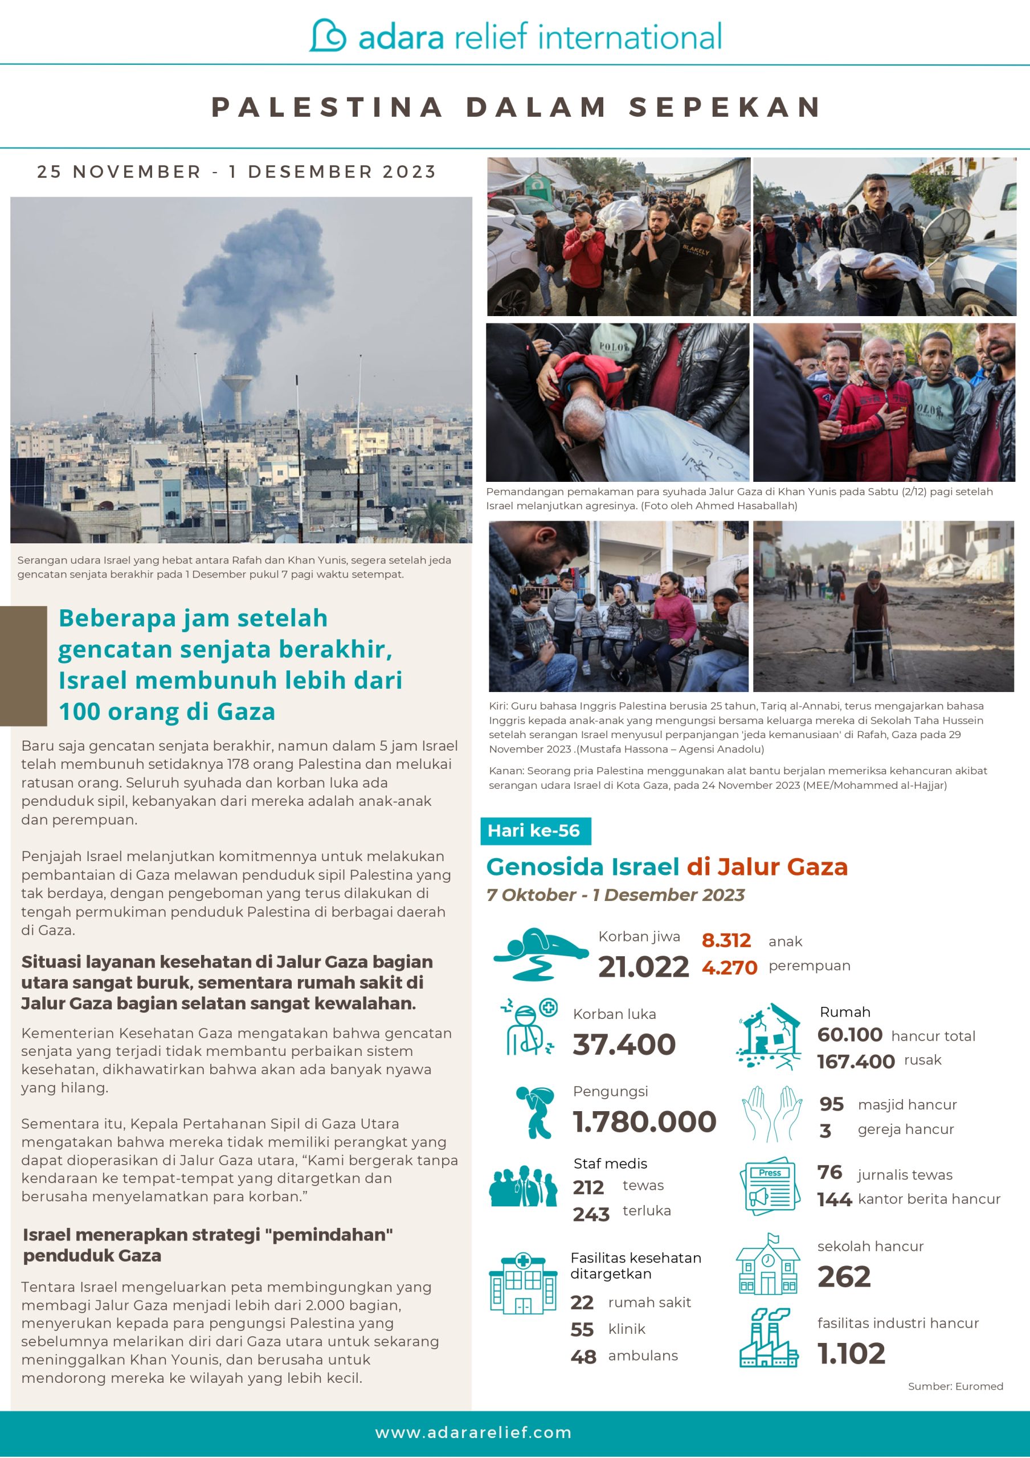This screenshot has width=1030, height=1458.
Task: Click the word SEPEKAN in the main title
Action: tap(726, 107)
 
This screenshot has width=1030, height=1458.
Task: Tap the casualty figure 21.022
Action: tap(643, 966)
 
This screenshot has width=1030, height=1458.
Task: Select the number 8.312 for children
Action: tap(726, 940)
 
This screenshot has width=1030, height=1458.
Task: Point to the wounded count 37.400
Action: tap(624, 1045)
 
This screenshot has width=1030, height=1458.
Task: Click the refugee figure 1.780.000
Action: tap(644, 1121)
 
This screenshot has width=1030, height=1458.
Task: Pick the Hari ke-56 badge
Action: tap(535, 830)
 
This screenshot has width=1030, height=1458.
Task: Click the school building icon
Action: tap(769, 1265)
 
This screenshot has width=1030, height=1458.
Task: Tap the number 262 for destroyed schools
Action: tap(844, 1276)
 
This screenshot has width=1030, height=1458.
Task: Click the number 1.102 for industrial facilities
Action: tap(851, 1353)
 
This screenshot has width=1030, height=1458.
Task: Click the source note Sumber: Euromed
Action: tap(955, 1386)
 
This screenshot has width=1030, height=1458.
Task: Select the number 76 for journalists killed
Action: tap(829, 1172)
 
